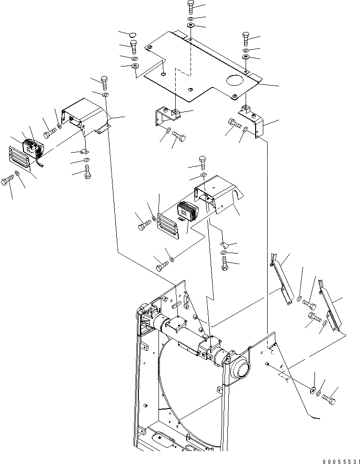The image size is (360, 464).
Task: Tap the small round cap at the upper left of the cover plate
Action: pos(133,34)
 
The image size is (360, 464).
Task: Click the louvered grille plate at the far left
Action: pos(19,158)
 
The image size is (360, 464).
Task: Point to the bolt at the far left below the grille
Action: pos(7,182)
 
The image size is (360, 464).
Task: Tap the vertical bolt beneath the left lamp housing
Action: pos(88,171)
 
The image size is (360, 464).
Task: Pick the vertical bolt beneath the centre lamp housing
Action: pos(224,263)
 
